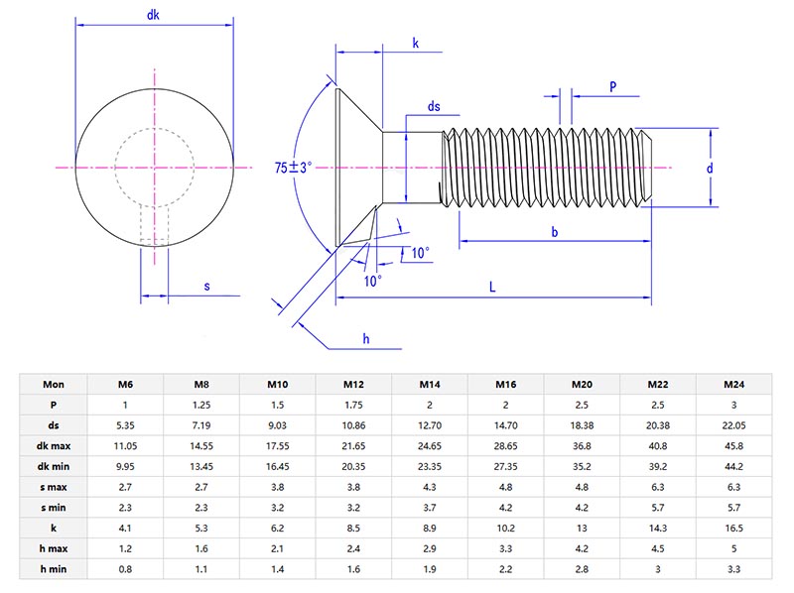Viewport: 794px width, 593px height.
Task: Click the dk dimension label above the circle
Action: (x=154, y=16)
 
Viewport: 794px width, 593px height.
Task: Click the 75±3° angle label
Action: (x=294, y=169)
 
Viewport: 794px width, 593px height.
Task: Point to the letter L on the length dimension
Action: (x=493, y=287)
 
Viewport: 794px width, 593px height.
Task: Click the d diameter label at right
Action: (x=710, y=169)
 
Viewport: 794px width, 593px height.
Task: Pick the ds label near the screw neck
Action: (x=434, y=106)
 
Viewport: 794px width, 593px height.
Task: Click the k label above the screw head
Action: (x=415, y=44)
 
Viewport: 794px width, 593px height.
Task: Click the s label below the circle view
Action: (x=206, y=287)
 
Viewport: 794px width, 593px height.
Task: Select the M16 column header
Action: (x=506, y=384)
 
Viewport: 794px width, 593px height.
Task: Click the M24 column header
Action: (x=735, y=384)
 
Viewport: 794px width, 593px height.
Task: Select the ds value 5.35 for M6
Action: (x=125, y=424)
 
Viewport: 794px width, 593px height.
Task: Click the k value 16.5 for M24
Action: (x=735, y=529)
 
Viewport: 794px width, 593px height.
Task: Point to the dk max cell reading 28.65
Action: (x=506, y=445)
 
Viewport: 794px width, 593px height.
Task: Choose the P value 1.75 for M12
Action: (x=353, y=405)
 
